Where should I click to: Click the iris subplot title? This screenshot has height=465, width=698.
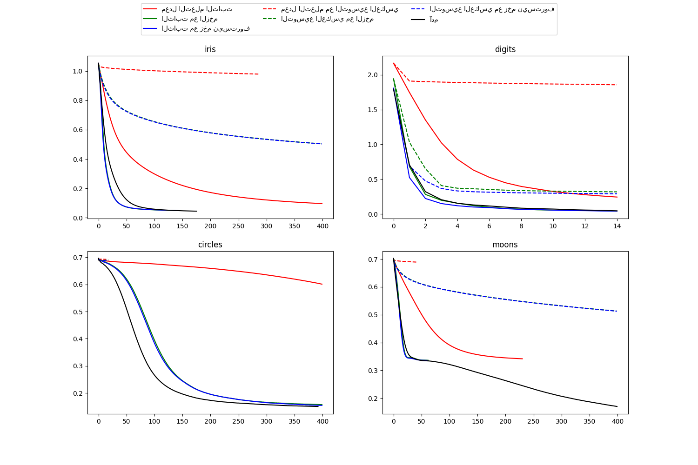(210, 49)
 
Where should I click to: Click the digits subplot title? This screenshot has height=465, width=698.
(505, 49)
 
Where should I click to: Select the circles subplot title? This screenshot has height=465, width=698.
(210, 245)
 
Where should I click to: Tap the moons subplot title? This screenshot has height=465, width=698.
(505, 245)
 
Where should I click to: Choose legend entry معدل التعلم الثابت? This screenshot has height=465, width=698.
(197, 9)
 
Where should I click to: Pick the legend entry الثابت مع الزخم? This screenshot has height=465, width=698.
(189, 19)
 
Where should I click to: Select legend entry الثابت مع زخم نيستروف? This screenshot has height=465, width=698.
(206, 29)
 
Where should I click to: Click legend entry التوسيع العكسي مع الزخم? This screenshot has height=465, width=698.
(327, 19)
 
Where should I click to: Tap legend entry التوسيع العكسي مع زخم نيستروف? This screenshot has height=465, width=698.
(492, 9)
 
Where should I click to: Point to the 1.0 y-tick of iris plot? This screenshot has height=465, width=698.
(77, 71)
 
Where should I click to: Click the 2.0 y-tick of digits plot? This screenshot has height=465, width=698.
(372, 75)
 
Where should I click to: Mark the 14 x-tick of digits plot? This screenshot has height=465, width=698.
(617, 226)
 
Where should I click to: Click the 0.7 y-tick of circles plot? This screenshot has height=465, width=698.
(77, 258)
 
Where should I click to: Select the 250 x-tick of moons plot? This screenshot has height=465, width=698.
(533, 421)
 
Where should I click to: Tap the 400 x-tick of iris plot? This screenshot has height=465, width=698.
(322, 226)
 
